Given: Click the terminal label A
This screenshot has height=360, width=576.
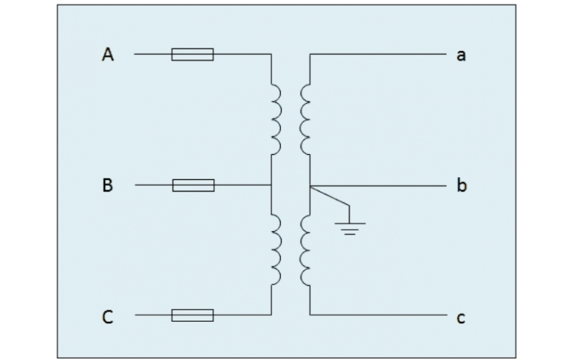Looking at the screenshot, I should click(x=108, y=54).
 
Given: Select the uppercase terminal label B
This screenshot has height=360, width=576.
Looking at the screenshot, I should click(x=108, y=186).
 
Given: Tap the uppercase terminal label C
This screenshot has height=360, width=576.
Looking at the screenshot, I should click(x=108, y=316).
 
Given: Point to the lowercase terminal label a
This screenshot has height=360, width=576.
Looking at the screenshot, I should click(x=461, y=55).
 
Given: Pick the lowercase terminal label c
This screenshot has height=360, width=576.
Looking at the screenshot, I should click(x=461, y=317).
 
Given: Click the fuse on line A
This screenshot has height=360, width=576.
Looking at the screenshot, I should click(x=192, y=54).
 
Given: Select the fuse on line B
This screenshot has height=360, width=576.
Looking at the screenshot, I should click(x=193, y=186).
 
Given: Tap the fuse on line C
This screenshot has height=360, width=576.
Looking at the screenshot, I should click(x=192, y=315).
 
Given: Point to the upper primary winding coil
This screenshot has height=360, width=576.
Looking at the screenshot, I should click(x=276, y=119).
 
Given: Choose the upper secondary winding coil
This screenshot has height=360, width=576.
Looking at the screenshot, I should click(x=305, y=119).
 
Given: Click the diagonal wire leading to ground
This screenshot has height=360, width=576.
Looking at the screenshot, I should click(x=330, y=197).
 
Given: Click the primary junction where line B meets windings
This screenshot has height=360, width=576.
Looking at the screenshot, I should click(x=271, y=186).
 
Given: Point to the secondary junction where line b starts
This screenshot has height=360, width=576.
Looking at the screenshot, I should click(x=310, y=186).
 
